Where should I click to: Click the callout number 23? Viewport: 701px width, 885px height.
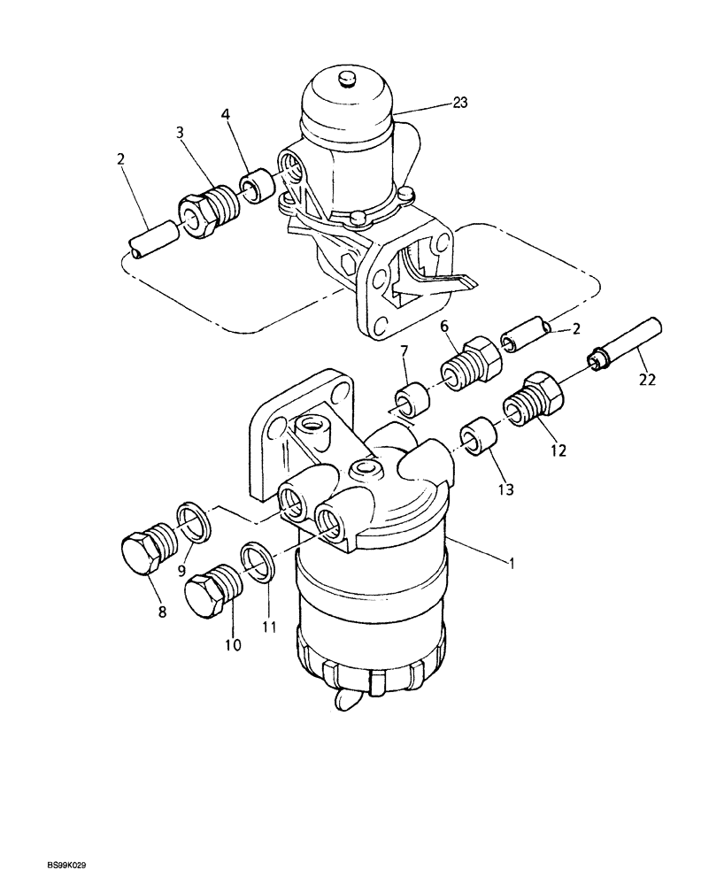(460, 102)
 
